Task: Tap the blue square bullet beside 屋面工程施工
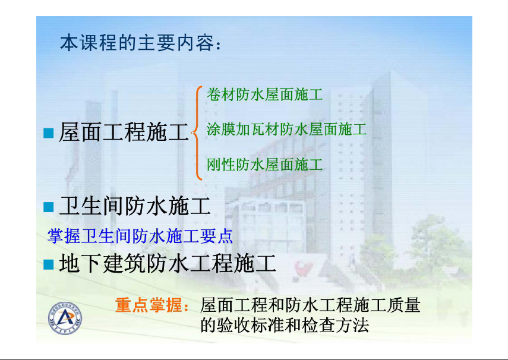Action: point(49,133)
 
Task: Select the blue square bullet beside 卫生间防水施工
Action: point(49,207)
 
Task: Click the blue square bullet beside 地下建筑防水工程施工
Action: point(49,264)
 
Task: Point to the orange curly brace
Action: point(197,133)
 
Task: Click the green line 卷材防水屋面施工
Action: point(264,94)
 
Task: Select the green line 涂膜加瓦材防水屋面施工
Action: point(287,130)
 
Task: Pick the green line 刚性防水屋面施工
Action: point(264,165)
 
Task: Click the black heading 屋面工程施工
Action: point(124,132)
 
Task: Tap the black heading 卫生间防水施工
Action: point(135,206)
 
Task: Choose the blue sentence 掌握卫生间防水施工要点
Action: point(140,236)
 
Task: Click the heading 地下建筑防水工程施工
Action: point(168,263)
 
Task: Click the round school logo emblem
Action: point(65,318)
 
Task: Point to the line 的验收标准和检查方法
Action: point(285,325)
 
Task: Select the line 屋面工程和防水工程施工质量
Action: point(310,305)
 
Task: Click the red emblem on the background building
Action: point(303,269)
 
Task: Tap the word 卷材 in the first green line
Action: point(221,94)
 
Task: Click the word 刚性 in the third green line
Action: point(221,165)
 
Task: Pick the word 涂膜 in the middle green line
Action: point(221,130)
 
